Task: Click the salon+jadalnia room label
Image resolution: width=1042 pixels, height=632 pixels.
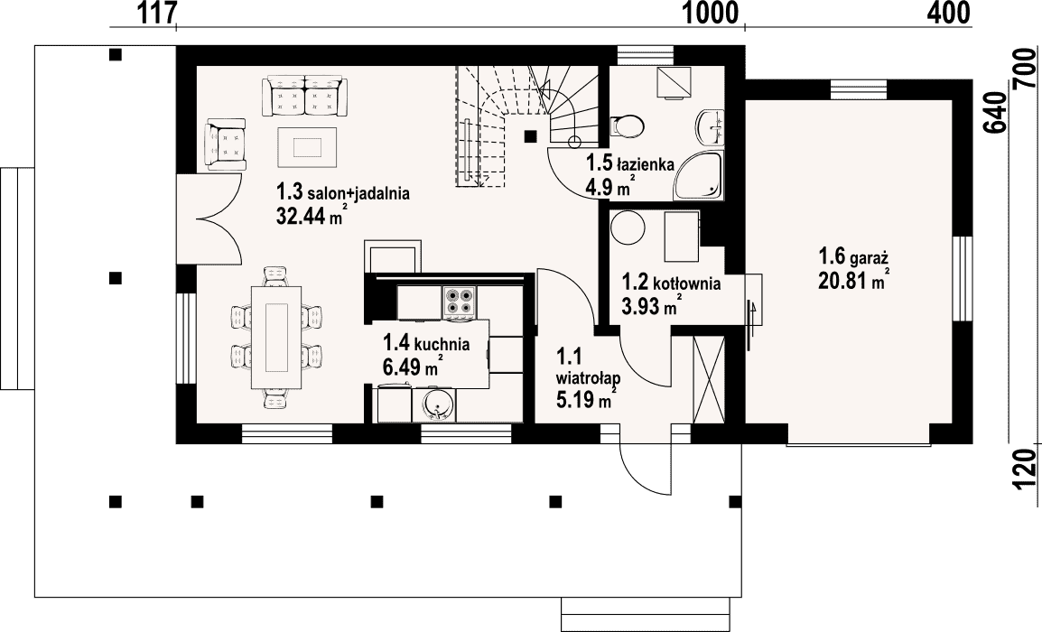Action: pos(343,193)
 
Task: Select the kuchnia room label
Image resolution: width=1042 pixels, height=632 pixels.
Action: pos(426,344)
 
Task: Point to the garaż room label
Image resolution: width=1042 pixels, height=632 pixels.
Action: pos(853,256)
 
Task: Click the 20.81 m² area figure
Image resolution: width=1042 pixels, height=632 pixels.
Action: pos(854,280)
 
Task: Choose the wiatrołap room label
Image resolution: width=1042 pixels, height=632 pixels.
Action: pos(588,379)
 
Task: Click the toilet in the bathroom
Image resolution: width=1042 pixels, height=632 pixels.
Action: pos(627,125)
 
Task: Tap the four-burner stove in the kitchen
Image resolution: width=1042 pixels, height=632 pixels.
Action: pos(460,301)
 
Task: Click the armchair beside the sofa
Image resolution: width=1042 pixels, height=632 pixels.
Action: pos(225,144)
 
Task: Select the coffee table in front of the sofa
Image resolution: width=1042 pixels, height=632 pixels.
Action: pos(307,147)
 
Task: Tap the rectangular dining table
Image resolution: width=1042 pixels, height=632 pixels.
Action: pos(275,338)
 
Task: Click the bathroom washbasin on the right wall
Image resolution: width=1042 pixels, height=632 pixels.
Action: pos(711,126)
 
